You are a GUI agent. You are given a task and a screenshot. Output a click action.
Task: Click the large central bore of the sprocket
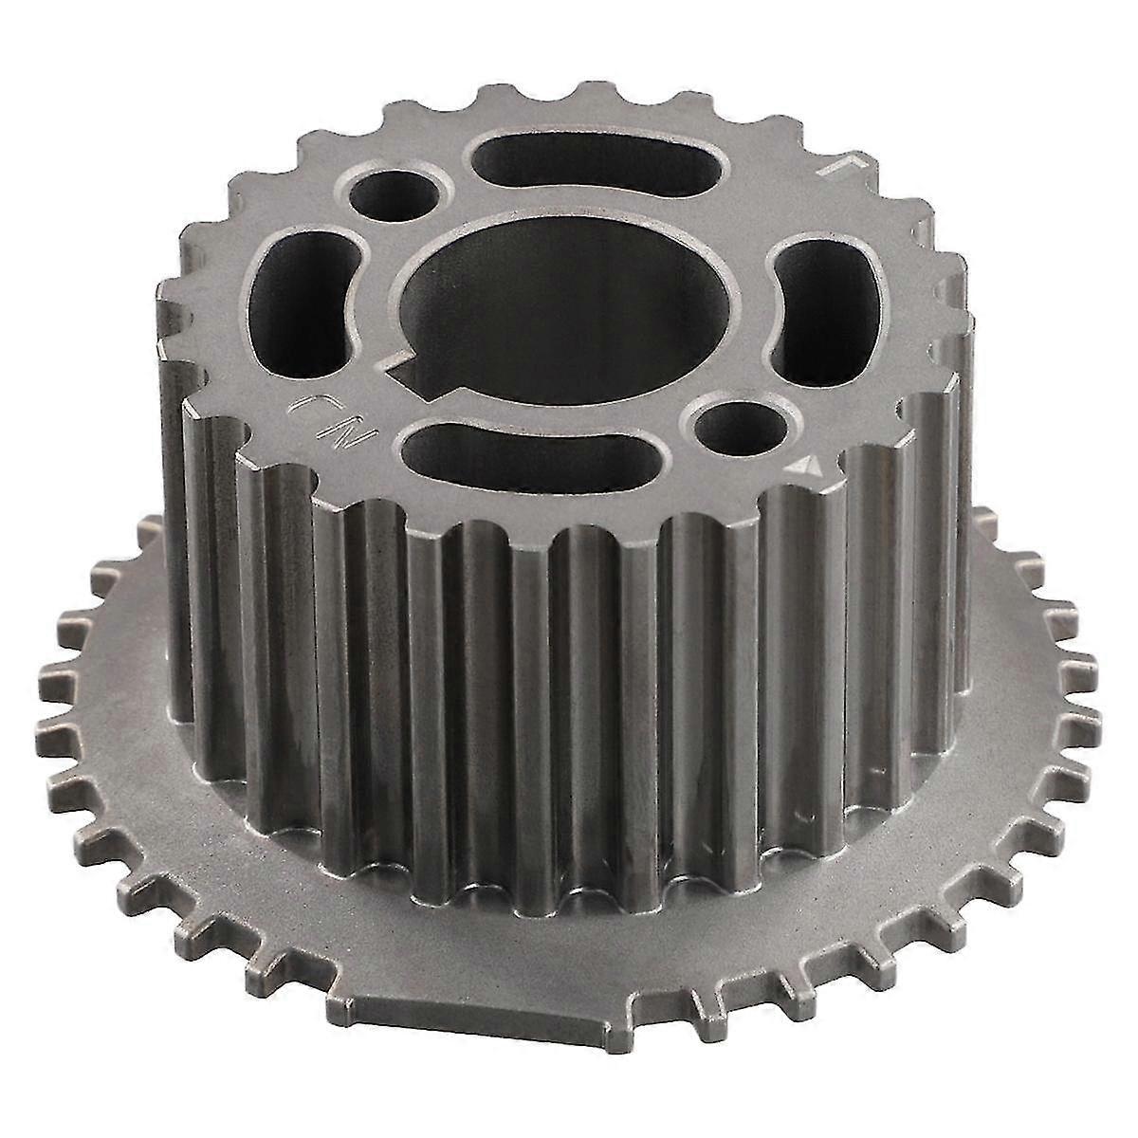click(x=569, y=294)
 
